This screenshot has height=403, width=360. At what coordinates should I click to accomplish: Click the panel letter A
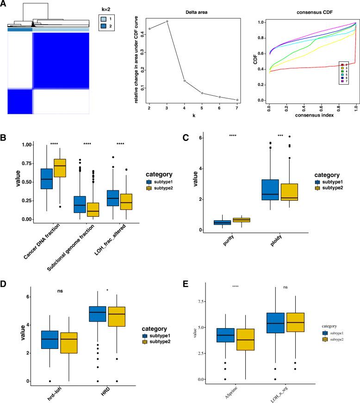point(4,4)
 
